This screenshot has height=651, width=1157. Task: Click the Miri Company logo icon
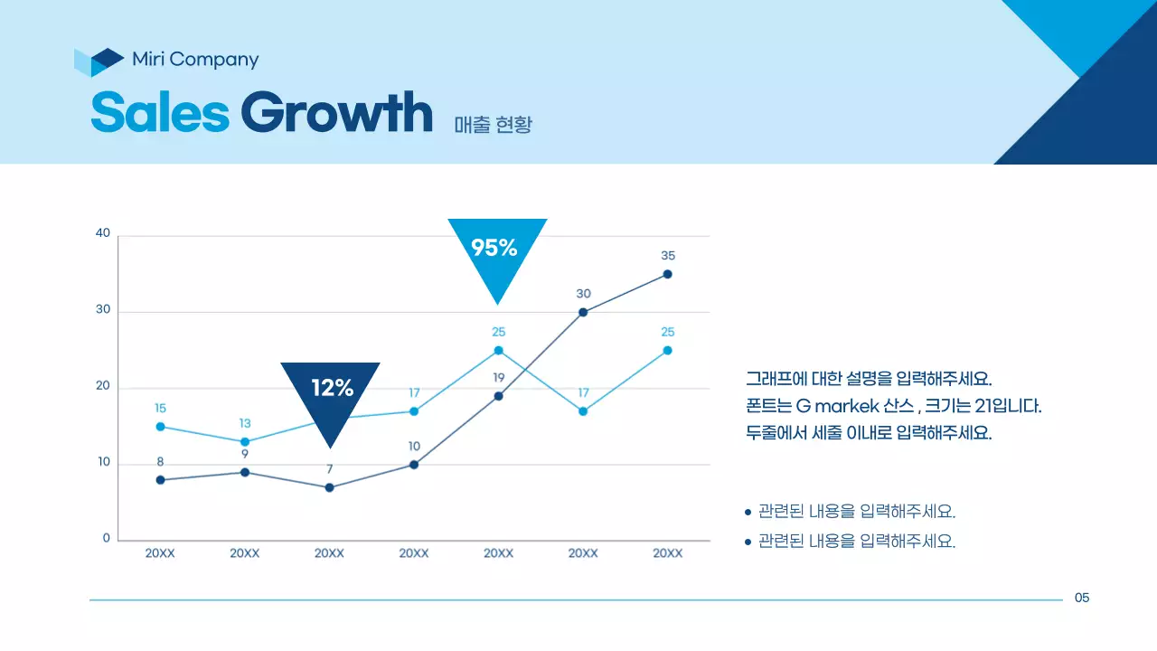(99, 61)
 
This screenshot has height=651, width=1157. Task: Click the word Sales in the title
(160, 112)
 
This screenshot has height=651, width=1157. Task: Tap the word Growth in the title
(336, 112)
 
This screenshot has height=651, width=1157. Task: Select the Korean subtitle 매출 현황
(494, 124)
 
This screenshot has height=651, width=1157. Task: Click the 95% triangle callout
(497, 249)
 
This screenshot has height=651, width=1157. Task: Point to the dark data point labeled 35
(667, 274)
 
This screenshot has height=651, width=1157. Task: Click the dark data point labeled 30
(583, 312)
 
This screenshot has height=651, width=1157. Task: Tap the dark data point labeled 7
(329, 487)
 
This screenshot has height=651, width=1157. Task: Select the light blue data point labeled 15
(160, 427)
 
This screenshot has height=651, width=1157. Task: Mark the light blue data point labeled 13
(245, 442)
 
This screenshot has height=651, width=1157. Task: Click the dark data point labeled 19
(498, 396)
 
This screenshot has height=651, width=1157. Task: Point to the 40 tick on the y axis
(103, 233)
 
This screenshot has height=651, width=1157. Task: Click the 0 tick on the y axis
(106, 539)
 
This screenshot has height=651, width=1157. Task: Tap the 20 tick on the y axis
(103, 386)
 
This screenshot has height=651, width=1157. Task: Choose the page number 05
(1082, 598)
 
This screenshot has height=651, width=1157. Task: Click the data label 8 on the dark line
(160, 462)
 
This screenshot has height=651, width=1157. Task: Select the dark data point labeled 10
(414, 465)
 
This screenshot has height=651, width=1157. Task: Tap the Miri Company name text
(195, 60)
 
